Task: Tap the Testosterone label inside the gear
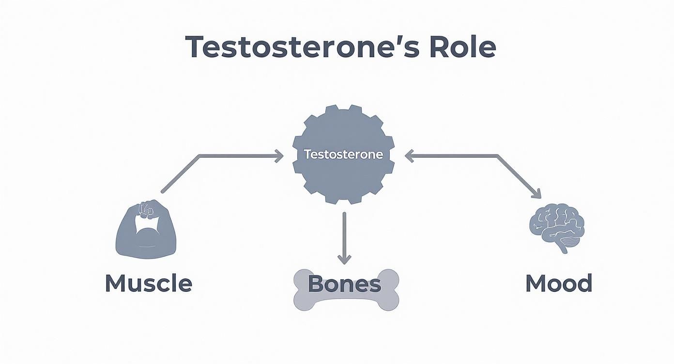[x=343, y=155]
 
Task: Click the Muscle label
[x=148, y=283]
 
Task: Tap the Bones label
[x=344, y=284]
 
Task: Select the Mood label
[x=559, y=283]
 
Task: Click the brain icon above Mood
[x=557, y=225]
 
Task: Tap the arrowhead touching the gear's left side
[x=278, y=155]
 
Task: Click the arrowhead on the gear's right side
[x=409, y=155]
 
